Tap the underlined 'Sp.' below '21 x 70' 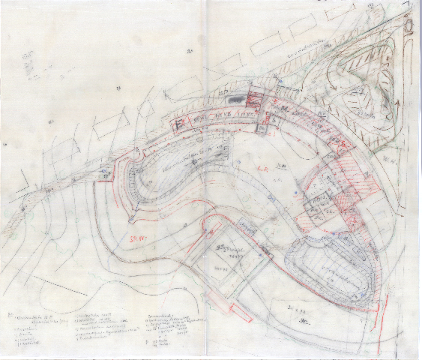[x=307, y=321]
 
